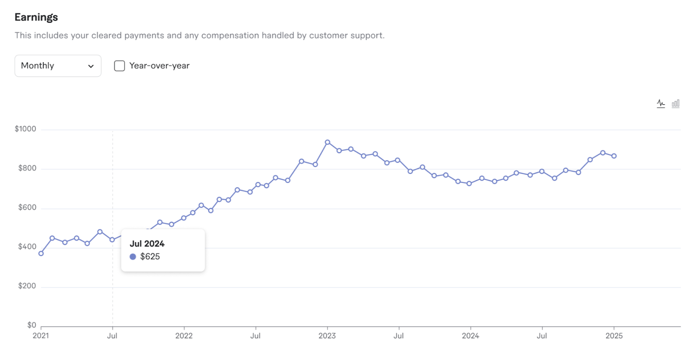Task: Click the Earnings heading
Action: click(x=36, y=17)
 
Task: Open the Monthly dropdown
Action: click(x=58, y=66)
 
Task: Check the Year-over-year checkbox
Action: click(x=120, y=66)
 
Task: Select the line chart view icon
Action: click(x=661, y=103)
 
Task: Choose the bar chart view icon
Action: click(x=676, y=103)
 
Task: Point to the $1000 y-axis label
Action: click(x=25, y=129)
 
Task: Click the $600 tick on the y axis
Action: click(x=27, y=207)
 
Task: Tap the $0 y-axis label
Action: click(x=31, y=325)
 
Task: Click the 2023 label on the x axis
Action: click(x=327, y=336)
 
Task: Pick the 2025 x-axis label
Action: click(x=614, y=336)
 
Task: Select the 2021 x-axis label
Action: click(x=41, y=336)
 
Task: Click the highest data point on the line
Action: click(x=328, y=142)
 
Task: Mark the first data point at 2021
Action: click(x=41, y=253)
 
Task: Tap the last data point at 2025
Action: click(x=614, y=156)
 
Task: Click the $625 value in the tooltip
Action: click(x=150, y=257)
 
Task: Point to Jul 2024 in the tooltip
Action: click(x=147, y=243)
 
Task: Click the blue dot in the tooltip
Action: click(x=133, y=257)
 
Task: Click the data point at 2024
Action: click(x=469, y=183)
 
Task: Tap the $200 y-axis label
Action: click(x=27, y=286)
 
